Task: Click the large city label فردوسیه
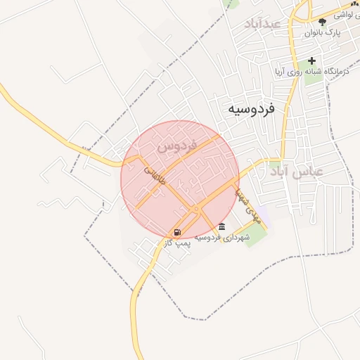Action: point(251,110)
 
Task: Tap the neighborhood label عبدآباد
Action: point(262,24)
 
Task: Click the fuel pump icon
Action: point(177,232)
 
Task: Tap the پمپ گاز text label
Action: point(177,243)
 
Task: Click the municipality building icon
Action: point(222,226)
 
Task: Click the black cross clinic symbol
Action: point(311,60)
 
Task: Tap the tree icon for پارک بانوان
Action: point(323,22)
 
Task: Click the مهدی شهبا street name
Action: point(248,204)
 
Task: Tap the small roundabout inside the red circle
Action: point(196,210)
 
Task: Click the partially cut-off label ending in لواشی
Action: point(345,14)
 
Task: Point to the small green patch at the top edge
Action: point(230,3)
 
